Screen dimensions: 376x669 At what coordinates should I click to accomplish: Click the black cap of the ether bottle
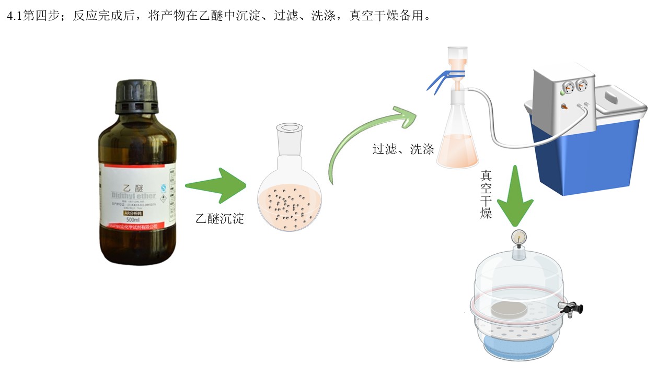point(136,96)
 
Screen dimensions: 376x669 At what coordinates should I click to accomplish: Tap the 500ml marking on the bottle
point(134,220)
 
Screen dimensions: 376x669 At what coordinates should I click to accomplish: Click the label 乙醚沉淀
point(220,218)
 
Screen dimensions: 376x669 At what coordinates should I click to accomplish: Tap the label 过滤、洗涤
point(403,149)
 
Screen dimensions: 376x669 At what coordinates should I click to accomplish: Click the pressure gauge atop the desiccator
point(518,237)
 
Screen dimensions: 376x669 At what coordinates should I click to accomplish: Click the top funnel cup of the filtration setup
point(458,56)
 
